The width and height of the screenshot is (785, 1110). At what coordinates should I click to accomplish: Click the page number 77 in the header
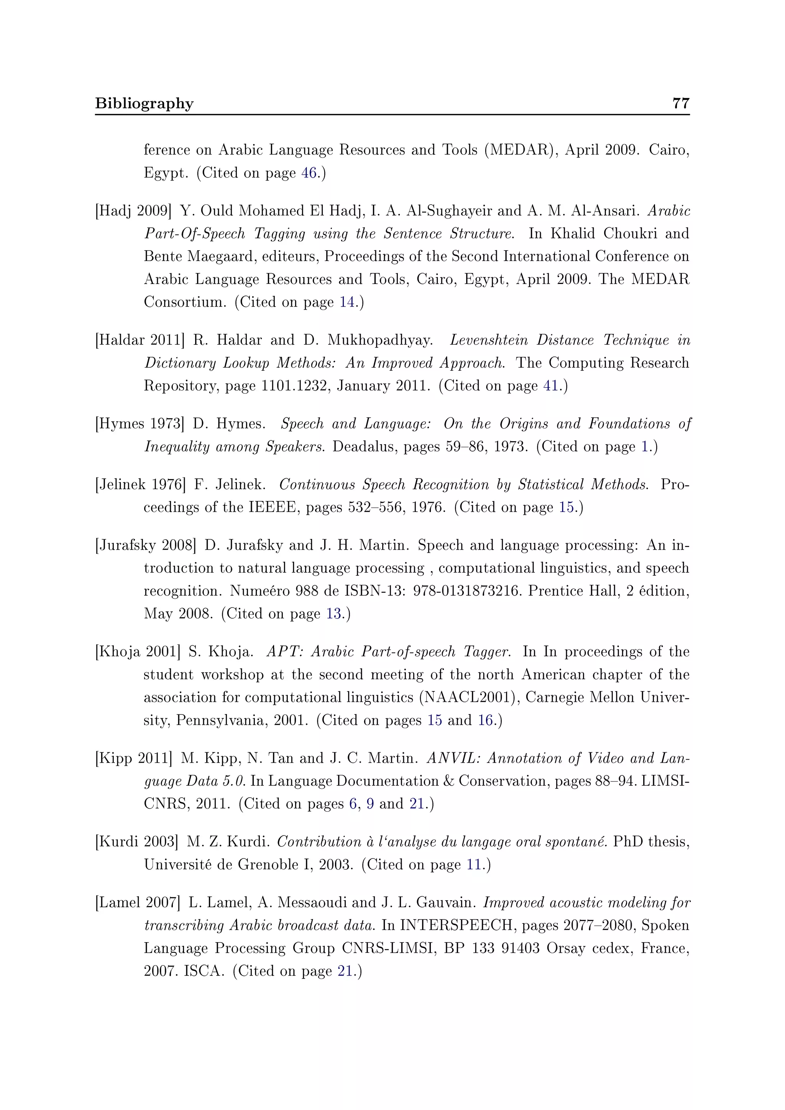[681, 103]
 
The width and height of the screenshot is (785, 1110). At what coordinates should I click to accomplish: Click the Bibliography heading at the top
[144, 103]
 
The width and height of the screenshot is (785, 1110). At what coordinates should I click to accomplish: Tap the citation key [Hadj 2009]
[133, 211]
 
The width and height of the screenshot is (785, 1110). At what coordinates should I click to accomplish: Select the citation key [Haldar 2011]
[140, 340]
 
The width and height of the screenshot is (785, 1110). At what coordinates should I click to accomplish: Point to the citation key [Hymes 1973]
[140, 424]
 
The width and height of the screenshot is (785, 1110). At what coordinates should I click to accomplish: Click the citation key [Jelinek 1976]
[141, 484]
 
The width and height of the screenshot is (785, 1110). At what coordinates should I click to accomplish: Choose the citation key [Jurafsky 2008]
[146, 545]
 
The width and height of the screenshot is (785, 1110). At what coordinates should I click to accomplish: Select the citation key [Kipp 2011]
[134, 758]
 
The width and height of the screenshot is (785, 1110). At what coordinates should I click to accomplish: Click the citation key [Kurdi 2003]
[137, 842]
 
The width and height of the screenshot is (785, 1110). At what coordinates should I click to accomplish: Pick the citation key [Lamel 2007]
[138, 903]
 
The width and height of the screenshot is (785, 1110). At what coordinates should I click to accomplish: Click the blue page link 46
[309, 173]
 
